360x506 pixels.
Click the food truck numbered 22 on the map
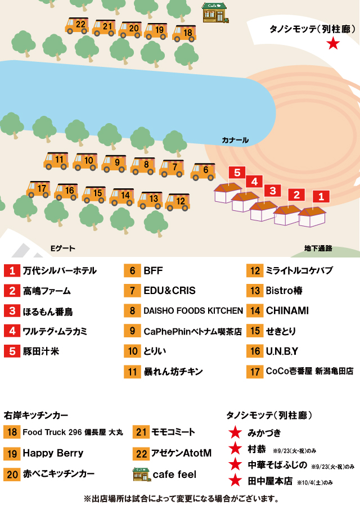(x=77, y=25)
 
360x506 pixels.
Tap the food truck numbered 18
(x=184, y=34)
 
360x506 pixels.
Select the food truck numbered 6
(x=202, y=171)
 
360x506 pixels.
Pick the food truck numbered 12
(x=177, y=202)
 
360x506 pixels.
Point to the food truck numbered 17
(x=38, y=189)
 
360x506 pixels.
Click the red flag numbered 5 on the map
(x=237, y=173)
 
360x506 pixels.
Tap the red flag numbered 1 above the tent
(x=321, y=197)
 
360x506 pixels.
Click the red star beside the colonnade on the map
(x=333, y=43)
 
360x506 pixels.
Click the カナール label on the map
(x=235, y=140)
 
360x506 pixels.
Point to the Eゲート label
(x=63, y=248)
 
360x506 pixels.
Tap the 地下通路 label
(x=318, y=248)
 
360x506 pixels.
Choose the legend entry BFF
(x=153, y=270)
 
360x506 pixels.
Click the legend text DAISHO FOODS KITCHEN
(x=193, y=310)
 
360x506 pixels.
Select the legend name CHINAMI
(x=287, y=310)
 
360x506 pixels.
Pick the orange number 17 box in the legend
(x=255, y=372)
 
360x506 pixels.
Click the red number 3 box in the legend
(x=12, y=311)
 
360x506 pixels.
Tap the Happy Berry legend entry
(x=53, y=453)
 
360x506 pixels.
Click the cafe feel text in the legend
(x=174, y=475)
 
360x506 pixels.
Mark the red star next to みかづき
(x=235, y=433)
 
